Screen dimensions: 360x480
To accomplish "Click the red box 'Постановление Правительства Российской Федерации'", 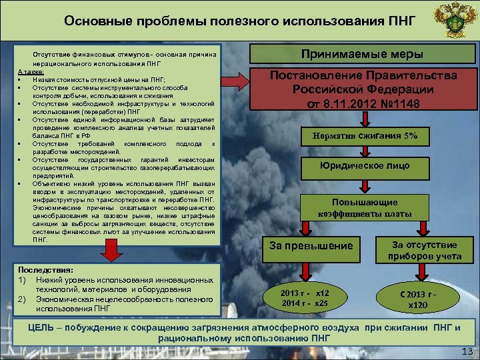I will (x=363, y=89).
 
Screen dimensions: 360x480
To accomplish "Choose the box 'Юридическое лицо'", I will (x=364, y=166).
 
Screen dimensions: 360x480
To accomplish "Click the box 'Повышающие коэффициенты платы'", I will (x=364, y=207).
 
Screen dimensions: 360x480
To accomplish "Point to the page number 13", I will (x=466, y=351).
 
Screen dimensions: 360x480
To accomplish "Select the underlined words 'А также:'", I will (x=31, y=72).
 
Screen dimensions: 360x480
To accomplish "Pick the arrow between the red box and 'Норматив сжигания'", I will (x=364, y=120).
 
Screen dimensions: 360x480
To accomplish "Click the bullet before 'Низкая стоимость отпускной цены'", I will (x=21, y=79).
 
